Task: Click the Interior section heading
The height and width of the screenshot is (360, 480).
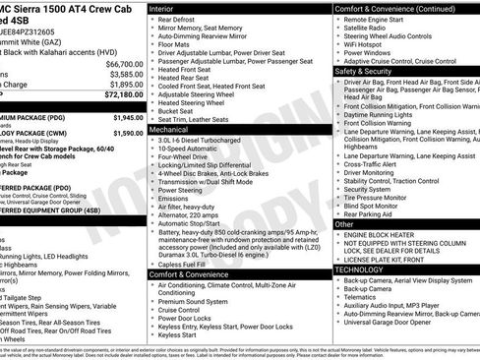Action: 168,8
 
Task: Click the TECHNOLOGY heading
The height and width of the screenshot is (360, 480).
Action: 360,269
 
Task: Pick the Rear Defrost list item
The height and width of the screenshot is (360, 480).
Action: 184,20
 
